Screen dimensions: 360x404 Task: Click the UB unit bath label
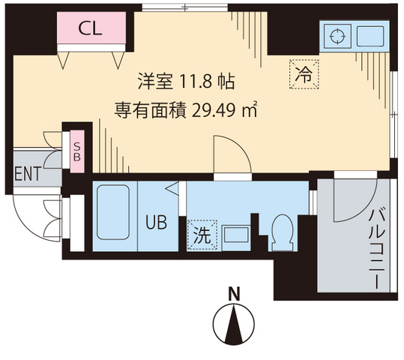[156, 223]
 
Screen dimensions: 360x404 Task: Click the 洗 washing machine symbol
[202, 234]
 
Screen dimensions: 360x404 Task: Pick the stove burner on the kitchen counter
[337, 35]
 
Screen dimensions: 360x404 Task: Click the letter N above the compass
[235, 293]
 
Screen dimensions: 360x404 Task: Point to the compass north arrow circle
[235, 325]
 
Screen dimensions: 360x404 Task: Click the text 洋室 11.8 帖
[187, 79]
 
